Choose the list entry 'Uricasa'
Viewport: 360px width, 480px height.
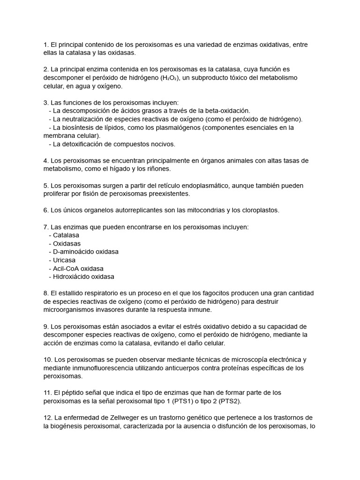coord(64,260)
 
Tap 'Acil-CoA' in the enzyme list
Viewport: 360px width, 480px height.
coord(66,268)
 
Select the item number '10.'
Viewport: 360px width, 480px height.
coord(47,360)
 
